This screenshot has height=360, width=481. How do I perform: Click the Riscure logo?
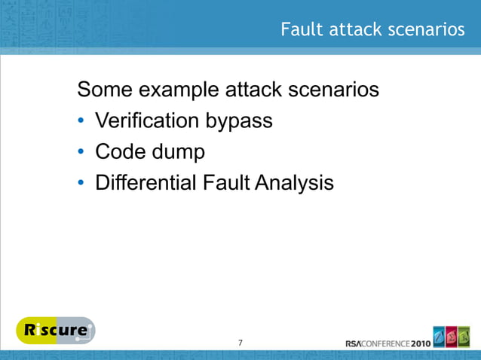click(x=55, y=331)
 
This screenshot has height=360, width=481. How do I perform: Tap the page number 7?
click(x=240, y=343)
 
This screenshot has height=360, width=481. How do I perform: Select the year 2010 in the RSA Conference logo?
click(x=421, y=343)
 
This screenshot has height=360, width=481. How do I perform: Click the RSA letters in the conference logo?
click(x=355, y=343)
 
